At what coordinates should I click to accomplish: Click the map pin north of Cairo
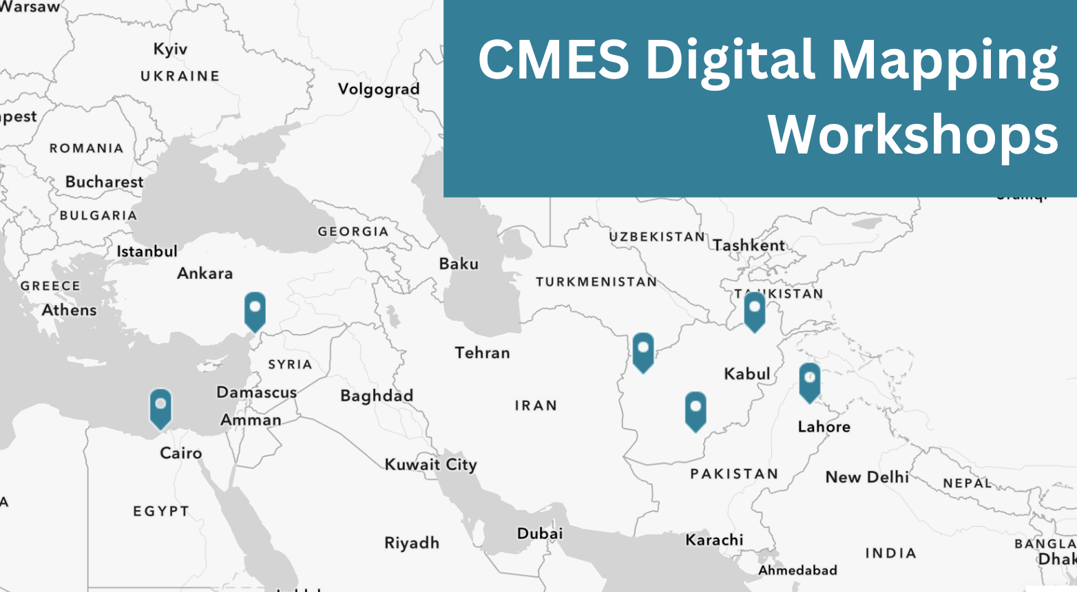point(160,407)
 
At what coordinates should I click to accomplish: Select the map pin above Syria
point(255,310)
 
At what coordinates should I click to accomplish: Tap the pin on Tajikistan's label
point(755,310)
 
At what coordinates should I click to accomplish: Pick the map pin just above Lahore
point(809,381)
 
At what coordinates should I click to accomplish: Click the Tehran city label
point(482,352)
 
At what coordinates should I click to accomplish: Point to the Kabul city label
point(746,374)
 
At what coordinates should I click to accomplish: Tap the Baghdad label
point(377,396)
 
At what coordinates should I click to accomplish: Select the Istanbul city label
point(147,251)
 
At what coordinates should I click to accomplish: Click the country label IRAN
point(536,405)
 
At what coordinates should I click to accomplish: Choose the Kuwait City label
point(430,465)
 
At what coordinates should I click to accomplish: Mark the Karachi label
point(714,540)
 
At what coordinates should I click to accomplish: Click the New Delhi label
point(867,477)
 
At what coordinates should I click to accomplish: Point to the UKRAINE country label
point(180,76)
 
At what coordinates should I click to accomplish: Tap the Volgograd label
point(378,89)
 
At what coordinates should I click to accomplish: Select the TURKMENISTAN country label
point(596,282)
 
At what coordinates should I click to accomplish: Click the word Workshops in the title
point(913,135)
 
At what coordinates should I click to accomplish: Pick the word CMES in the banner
point(553,59)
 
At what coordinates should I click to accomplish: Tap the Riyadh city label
point(412,543)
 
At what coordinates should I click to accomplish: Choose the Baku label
point(459,264)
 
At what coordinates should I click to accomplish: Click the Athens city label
point(69,310)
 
